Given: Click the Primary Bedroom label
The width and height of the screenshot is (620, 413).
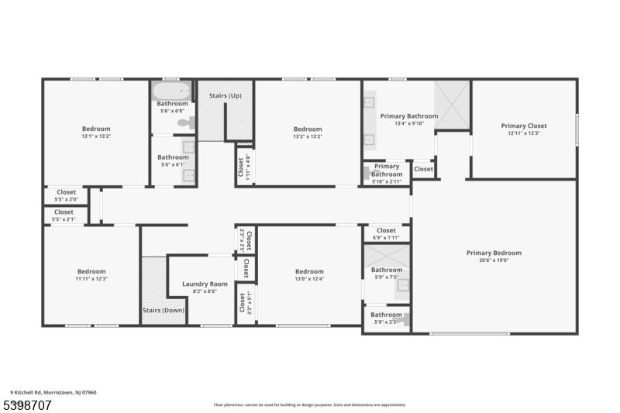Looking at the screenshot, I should click(x=494, y=253).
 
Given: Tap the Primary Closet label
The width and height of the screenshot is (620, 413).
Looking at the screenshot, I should click(x=524, y=126).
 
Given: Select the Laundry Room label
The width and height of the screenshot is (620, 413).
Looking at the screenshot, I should click(x=205, y=284).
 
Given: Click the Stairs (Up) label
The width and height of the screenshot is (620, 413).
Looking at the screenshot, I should click(x=226, y=95).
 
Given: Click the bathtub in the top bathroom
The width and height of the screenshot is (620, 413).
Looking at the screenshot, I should click(x=172, y=91).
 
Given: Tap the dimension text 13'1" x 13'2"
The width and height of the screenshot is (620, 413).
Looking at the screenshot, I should click(x=96, y=136).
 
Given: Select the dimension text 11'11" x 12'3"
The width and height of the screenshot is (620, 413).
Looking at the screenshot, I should click(x=91, y=279).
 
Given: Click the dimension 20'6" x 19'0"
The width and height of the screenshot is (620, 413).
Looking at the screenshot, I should click(x=494, y=260).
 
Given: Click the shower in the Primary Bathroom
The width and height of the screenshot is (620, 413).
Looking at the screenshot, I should click(x=452, y=105).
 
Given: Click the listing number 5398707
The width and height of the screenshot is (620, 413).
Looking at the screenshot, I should click(x=28, y=404).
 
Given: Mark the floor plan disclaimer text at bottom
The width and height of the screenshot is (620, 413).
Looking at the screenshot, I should click(x=309, y=404).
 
